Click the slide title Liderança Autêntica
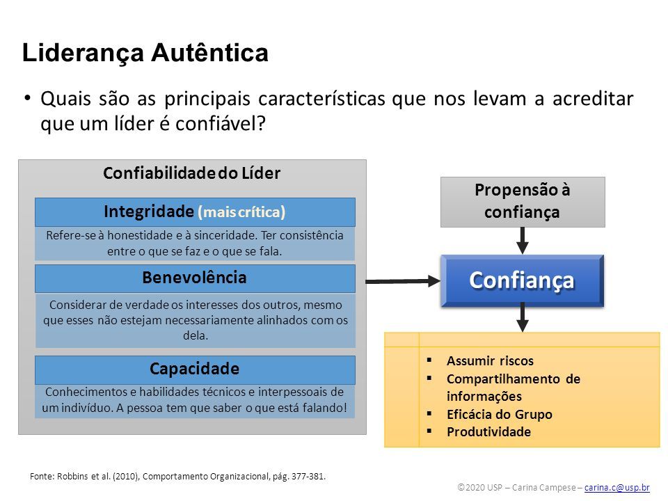pos(145,54)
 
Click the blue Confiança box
pos(523,280)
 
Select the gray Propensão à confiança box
pos(523,202)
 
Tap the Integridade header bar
pos(195,212)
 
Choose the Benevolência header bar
pos(195,278)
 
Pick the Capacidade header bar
pos(195,369)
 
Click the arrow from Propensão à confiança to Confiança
pos(523,241)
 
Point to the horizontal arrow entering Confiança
pos(403,281)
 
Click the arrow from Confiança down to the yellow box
pos(523,317)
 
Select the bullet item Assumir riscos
pos(490,361)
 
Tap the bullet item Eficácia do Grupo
pos(500,415)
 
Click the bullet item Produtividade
pos(488,432)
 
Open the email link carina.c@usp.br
pos(617,487)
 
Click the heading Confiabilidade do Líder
pos(192,173)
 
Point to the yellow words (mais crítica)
pos(241,212)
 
